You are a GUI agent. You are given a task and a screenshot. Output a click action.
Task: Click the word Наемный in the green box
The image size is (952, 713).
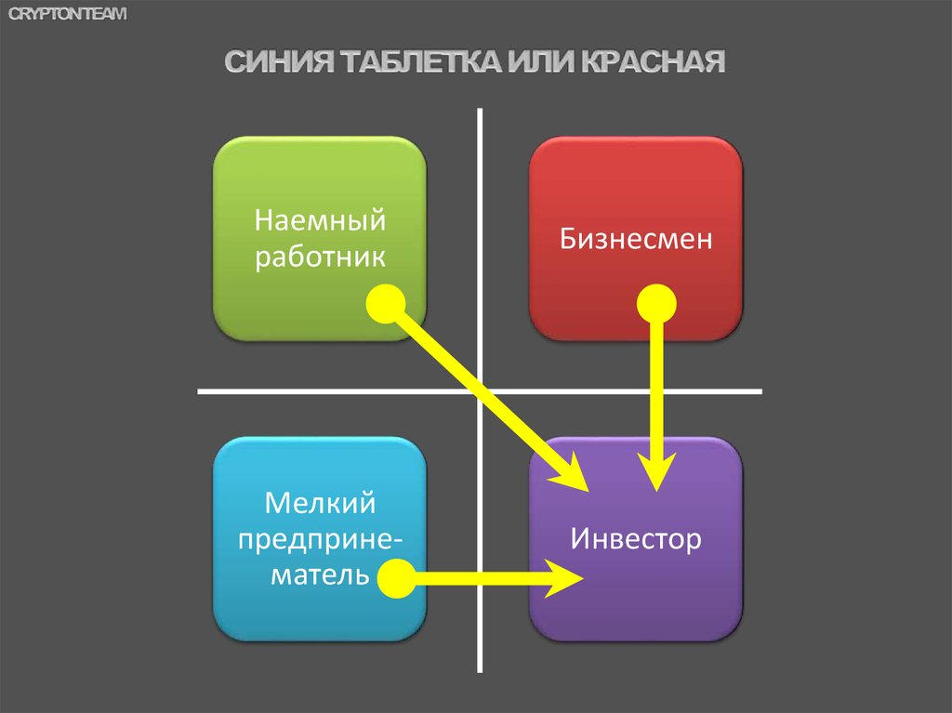pos(320,223)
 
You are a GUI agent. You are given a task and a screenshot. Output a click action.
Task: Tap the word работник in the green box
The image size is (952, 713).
pos(320,257)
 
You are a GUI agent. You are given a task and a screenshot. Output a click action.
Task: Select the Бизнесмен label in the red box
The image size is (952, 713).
pos(636,240)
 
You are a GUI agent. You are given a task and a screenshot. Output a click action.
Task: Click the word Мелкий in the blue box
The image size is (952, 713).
pos(320,505)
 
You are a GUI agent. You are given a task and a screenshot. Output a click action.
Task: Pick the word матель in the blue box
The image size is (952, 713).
pos(320,575)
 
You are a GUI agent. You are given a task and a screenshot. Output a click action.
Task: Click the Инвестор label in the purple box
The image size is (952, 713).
pos(636,539)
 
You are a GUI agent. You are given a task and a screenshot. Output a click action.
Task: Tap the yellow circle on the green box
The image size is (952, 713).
pos(385,304)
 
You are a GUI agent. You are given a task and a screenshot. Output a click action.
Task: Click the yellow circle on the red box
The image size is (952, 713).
pos(656,304)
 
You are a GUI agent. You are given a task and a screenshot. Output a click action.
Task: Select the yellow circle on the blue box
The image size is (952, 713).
pos(396,578)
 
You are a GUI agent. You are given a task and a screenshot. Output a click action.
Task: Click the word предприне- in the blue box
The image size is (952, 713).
pos(320,540)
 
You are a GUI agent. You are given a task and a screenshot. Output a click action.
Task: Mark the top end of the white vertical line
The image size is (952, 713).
pos(481,112)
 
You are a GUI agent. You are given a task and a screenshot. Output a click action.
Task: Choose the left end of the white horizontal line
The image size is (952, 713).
pos(201,391)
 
